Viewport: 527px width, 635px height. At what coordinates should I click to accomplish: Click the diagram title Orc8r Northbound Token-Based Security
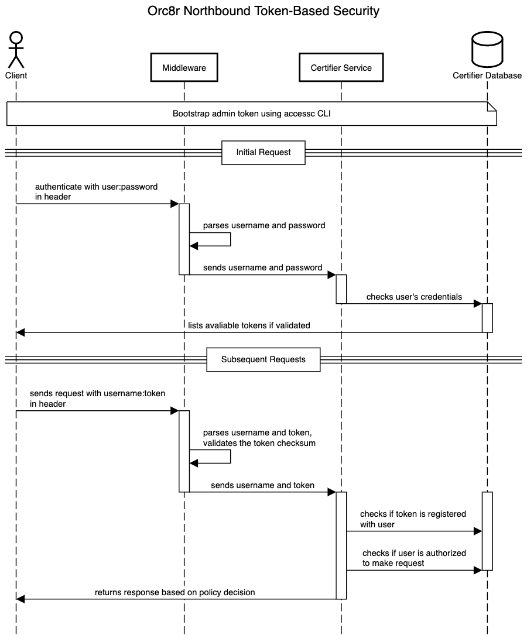263,11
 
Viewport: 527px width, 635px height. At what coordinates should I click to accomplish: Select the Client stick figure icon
16,50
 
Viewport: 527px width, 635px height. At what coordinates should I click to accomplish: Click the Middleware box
184,68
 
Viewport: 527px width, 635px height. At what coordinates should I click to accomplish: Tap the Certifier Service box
341,68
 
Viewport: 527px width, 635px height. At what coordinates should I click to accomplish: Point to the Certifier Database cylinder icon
487,50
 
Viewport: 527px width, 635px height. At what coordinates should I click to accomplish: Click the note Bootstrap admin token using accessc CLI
251,114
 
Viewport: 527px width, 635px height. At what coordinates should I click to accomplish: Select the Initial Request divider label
263,152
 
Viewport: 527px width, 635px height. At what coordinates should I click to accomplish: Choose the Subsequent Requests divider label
263,359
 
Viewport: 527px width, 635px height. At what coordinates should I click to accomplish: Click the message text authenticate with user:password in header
96,187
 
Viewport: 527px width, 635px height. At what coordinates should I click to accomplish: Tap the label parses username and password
264,225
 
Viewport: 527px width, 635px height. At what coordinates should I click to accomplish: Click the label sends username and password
262,267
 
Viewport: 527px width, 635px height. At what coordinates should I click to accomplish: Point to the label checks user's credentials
414,297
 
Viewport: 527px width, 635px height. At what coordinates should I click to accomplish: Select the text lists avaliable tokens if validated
249,325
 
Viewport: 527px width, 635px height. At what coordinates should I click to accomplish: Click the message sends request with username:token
97,394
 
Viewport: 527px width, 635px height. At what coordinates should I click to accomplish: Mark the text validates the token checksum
259,443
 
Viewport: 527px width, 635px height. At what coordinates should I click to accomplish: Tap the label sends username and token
262,485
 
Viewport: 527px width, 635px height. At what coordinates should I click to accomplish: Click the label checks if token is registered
413,514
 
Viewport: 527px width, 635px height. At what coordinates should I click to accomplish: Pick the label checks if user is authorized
414,553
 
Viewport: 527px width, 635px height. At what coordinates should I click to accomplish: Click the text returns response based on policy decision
175,592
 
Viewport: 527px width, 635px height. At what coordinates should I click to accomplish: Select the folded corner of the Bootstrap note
492,106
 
